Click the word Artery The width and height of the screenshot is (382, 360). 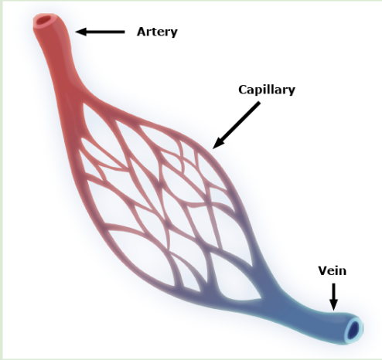pos(157,32)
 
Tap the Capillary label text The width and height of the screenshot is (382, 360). pos(267,90)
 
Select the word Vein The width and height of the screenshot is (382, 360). pos(333,271)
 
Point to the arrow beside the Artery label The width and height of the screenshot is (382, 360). pos(100,32)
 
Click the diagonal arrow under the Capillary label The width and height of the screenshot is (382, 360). pos(237,125)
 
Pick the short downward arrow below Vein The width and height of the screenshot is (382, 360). pos(334,297)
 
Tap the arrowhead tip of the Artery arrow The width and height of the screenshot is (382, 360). pos(75,32)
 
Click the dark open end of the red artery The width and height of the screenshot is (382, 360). pos(43,20)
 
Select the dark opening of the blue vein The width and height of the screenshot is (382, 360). pos(353,331)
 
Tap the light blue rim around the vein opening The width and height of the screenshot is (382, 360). pos(359,322)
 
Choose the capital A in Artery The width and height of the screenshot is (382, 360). pos(142,32)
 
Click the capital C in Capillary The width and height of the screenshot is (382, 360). pos(243,90)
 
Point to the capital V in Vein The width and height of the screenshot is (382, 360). pos(322,271)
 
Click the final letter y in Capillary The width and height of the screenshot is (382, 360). pos(292,91)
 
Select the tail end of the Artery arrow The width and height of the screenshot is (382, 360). pos(124,32)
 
